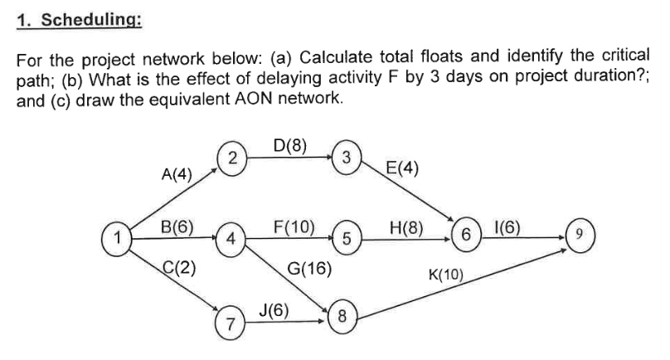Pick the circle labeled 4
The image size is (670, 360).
233,239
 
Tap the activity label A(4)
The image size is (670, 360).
175,175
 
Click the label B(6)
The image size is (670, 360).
177,226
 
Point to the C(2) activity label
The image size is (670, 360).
177,267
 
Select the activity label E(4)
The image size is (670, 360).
402,170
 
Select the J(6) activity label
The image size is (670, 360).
273,309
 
